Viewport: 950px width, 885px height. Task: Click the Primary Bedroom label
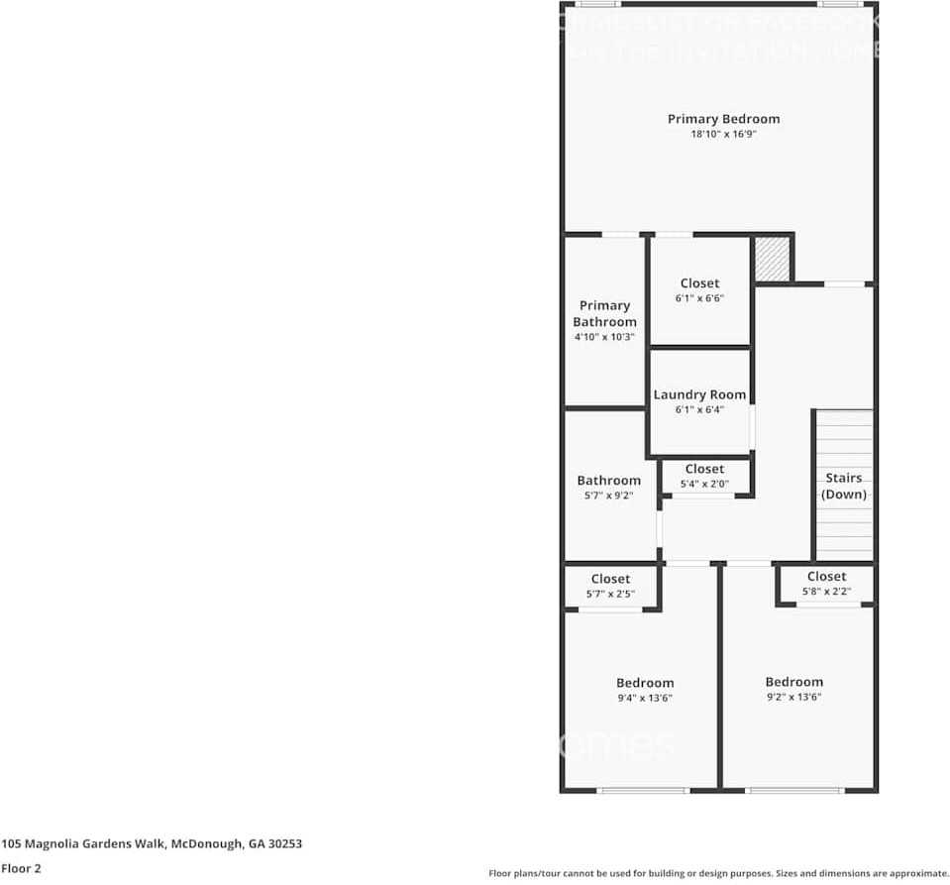pyautogui.click(x=723, y=119)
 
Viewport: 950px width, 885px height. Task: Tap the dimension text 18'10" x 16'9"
pyautogui.click(x=723, y=134)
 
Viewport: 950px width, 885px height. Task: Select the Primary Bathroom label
pyautogui.click(x=604, y=313)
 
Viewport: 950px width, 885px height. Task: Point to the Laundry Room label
pyautogui.click(x=699, y=394)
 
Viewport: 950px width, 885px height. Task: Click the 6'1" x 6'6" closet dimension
pyautogui.click(x=699, y=298)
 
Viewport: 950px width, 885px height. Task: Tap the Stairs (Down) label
pyautogui.click(x=844, y=486)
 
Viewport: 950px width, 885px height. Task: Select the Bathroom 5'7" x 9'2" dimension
pyautogui.click(x=609, y=496)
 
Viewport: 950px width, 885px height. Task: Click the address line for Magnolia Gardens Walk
pyautogui.click(x=152, y=844)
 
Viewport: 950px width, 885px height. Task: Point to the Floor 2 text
pyautogui.click(x=21, y=868)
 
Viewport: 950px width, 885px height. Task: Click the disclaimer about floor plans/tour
pyautogui.click(x=718, y=873)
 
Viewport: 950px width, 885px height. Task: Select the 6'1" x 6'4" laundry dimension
pyautogui.click(x=699, y=409)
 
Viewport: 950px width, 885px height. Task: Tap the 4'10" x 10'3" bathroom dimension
pyautogui.click(x=604, y=337)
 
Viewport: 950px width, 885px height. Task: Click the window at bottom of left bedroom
pyautogui.click(x=643, y=790)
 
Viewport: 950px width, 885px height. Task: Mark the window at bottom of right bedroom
pyautogui.click(x=794, y=790)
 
